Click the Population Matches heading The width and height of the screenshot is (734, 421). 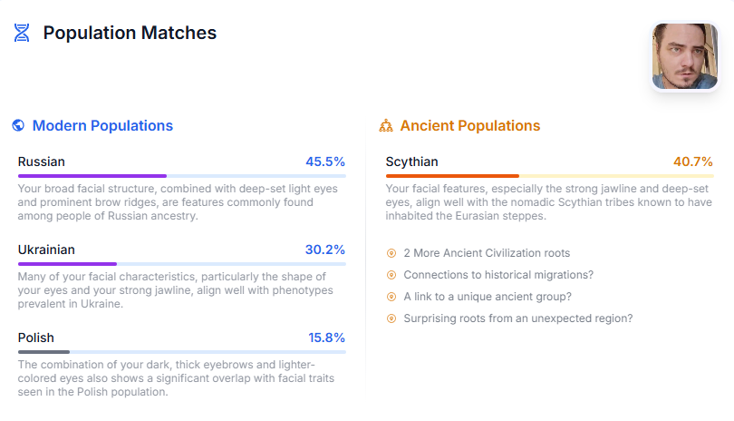(130, 34)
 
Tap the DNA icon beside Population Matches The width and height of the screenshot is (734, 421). (22, 34)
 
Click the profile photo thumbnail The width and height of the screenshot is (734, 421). (684, 56)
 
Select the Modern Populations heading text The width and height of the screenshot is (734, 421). (102, 126)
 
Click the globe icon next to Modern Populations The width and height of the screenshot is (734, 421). (19, 126)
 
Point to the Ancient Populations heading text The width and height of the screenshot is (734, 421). (469, 126)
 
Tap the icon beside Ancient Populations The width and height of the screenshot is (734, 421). (386, 126)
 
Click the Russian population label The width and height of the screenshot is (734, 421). (42, 162)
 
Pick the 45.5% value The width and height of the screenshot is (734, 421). (325, 162)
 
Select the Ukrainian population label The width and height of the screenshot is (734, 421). (46, 250)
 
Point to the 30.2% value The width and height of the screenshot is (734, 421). (325, 250)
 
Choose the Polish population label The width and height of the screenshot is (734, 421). (36, 338)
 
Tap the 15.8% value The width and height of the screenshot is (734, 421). (326, 338)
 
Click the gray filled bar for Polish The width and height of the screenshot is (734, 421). (43, 351)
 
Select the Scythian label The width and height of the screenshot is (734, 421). (411, 162)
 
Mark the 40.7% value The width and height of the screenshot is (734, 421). (693, 162)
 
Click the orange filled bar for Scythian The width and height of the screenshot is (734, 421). (452, 176)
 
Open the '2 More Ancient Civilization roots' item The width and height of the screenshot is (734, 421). (487, 253)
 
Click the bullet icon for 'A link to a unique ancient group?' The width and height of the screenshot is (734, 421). (391, 297)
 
